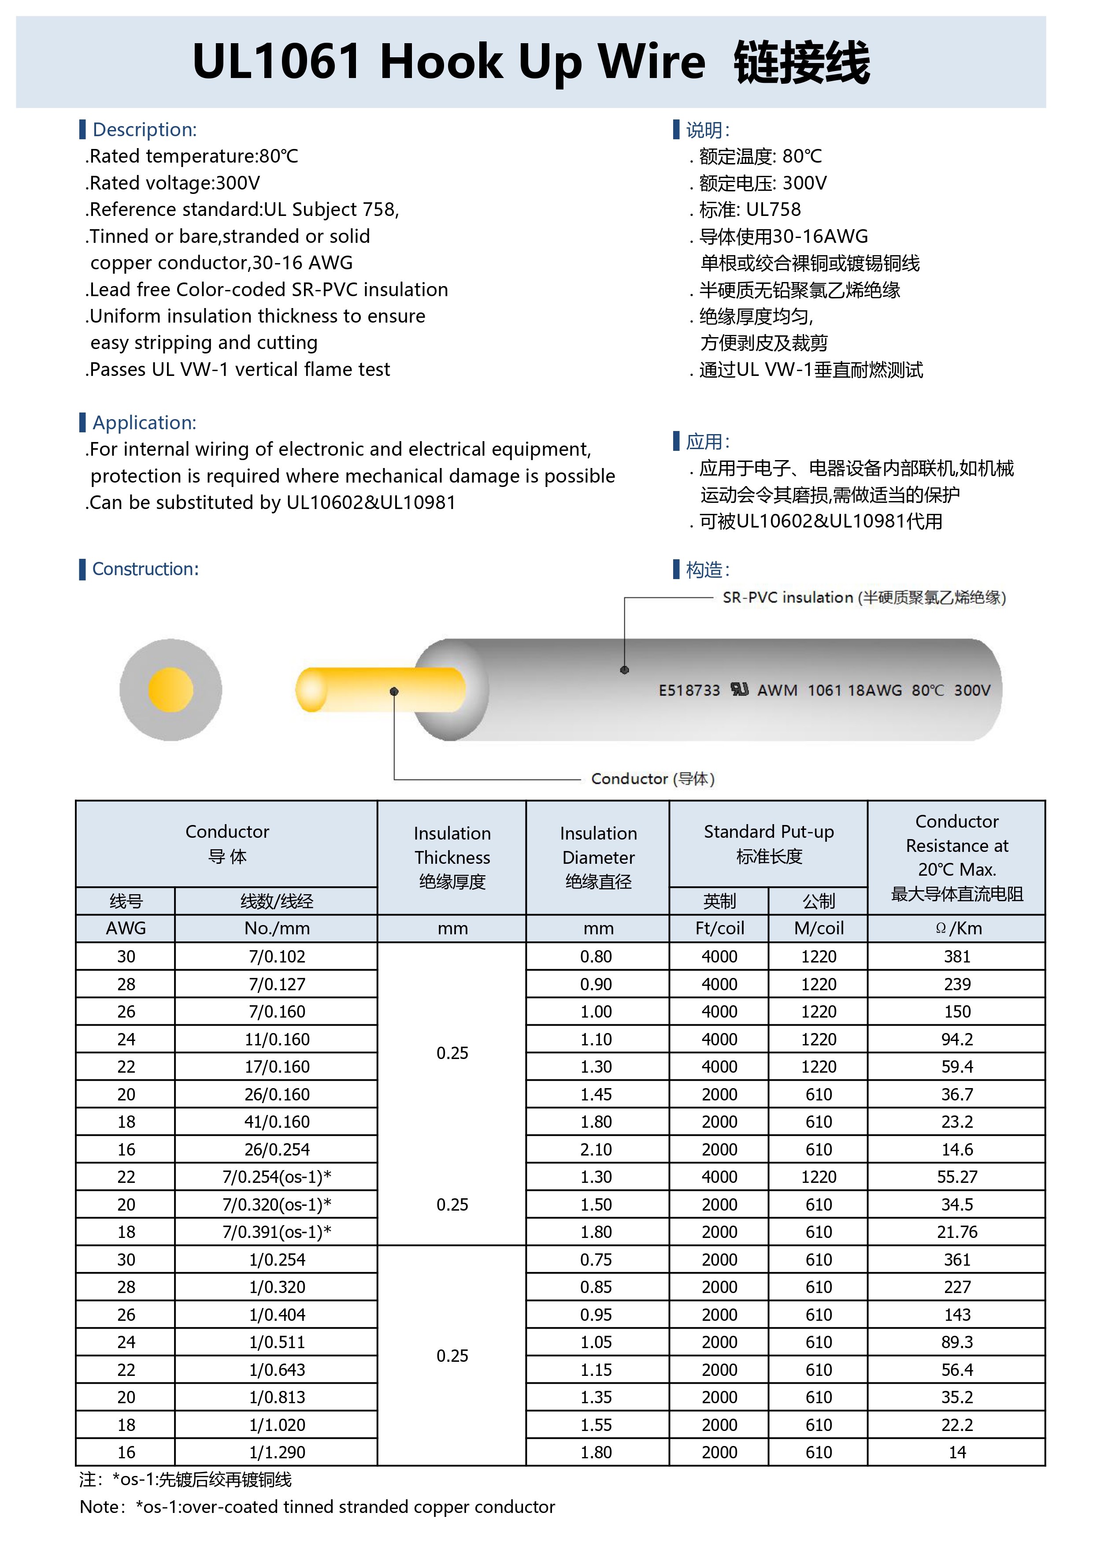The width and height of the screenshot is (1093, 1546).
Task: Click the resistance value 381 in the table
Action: point(956,956)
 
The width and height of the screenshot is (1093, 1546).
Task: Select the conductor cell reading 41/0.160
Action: point(277,1122)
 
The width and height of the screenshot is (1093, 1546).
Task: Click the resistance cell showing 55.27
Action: point(956,1177)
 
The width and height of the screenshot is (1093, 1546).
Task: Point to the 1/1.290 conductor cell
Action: point(277,1453)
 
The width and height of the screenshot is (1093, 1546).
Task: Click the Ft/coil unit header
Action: point(719,929)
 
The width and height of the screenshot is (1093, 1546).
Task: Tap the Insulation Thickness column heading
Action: point(452,857)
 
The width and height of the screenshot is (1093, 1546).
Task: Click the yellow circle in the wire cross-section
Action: point(171,690)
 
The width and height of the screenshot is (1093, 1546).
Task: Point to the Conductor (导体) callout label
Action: point(652,779)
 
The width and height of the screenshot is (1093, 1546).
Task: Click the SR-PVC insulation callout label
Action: point(863,597)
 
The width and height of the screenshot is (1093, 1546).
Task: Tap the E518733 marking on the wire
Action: point(689,690)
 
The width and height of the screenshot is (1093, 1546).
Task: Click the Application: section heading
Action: point(144,423)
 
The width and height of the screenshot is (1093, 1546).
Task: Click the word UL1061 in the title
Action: point(277,62)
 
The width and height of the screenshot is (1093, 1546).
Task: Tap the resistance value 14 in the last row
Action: point(957,1453)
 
